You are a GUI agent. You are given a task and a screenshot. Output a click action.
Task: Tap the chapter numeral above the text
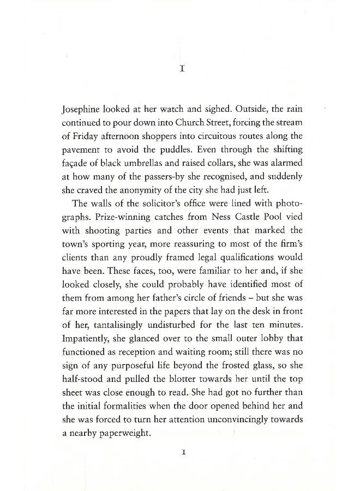(183, 69)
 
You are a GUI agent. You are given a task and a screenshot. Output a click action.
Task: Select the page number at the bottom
(183, 452)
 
